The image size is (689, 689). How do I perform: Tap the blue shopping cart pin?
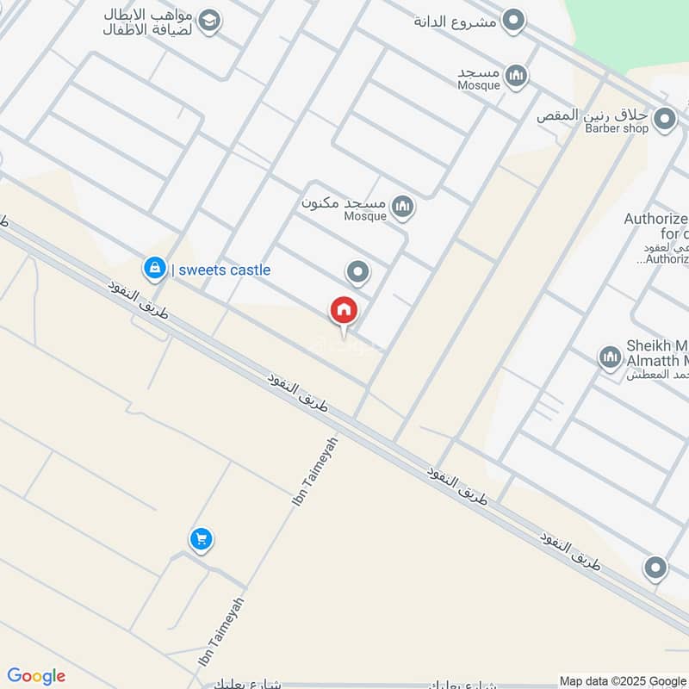coord(201,540)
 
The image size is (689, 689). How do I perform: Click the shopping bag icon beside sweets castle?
coord(154,269)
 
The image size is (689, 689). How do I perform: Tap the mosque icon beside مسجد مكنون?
coord(401,206)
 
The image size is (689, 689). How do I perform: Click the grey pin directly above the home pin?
coord(358,273)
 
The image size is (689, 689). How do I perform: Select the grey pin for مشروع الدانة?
coord(513,21)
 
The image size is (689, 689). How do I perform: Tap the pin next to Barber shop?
coord(664,121)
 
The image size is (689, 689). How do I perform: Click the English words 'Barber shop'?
coord(616,129)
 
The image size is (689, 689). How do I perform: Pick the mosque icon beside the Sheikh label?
coord(610,357)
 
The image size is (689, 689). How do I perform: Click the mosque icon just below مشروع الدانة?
coord(516,77)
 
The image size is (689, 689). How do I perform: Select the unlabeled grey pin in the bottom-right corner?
coord(655,568)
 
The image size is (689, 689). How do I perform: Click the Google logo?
coord(36,676)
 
